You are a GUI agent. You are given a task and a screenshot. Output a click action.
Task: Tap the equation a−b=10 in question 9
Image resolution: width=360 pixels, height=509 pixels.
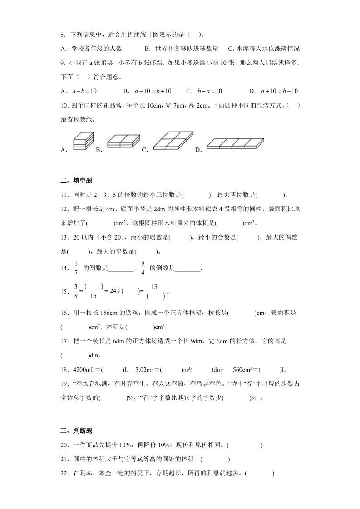tap(84, 91)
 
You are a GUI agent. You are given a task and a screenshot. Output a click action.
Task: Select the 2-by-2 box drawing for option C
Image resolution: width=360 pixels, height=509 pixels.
tap(173, 140)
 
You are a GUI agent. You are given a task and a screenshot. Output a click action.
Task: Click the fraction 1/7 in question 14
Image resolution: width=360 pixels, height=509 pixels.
tap(76, 268)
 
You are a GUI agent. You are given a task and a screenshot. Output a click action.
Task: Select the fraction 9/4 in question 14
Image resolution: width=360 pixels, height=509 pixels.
tap(143, 268)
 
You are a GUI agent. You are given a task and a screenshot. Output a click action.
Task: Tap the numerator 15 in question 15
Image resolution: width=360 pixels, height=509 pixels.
tap(154, 287)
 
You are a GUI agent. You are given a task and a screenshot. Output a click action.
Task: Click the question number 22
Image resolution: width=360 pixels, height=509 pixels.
tap(64, 474)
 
